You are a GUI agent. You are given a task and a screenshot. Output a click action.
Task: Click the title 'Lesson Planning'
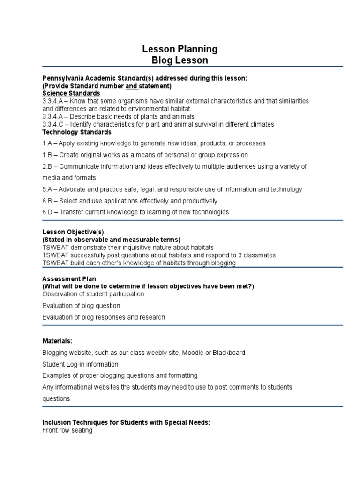180,49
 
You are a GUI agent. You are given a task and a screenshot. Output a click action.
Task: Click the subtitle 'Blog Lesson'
180,60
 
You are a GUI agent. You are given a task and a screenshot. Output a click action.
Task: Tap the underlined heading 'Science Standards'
71,93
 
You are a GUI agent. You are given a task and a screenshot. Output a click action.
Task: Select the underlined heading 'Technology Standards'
77,132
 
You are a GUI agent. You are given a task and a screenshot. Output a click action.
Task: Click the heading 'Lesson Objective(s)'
73,232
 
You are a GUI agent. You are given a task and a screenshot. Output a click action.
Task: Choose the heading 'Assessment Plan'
69,279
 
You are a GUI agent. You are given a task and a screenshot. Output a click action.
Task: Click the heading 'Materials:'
57,341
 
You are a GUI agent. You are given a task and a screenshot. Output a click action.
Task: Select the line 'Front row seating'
67,430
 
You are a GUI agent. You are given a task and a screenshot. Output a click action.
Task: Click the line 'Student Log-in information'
80,364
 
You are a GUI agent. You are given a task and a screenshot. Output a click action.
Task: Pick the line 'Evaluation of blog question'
81,306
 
